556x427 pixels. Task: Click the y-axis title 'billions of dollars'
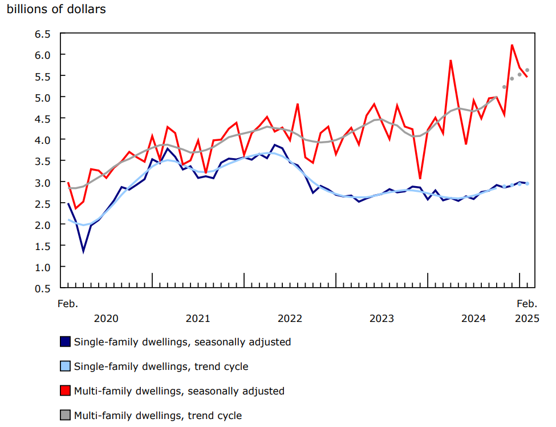point(56,10)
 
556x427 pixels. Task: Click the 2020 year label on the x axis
point(106,318)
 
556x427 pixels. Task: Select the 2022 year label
point(290,318)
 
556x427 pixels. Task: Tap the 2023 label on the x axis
point(382,318)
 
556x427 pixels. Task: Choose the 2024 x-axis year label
point(473,318)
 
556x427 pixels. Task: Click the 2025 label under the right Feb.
point(527,318)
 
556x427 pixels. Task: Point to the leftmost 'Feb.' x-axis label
point(68,303)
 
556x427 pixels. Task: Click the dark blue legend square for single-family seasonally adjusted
point(66,342)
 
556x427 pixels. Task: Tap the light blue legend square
point(66,366)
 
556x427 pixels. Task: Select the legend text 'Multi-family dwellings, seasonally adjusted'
point(179,391)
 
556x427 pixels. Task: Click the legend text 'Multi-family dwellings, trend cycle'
point(158,416)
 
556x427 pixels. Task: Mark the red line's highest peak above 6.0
point(512,45)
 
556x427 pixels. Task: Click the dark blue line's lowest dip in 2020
point(83,251)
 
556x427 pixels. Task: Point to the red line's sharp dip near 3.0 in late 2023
point(420,179)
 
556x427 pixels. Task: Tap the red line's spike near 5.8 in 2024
point(451,61)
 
